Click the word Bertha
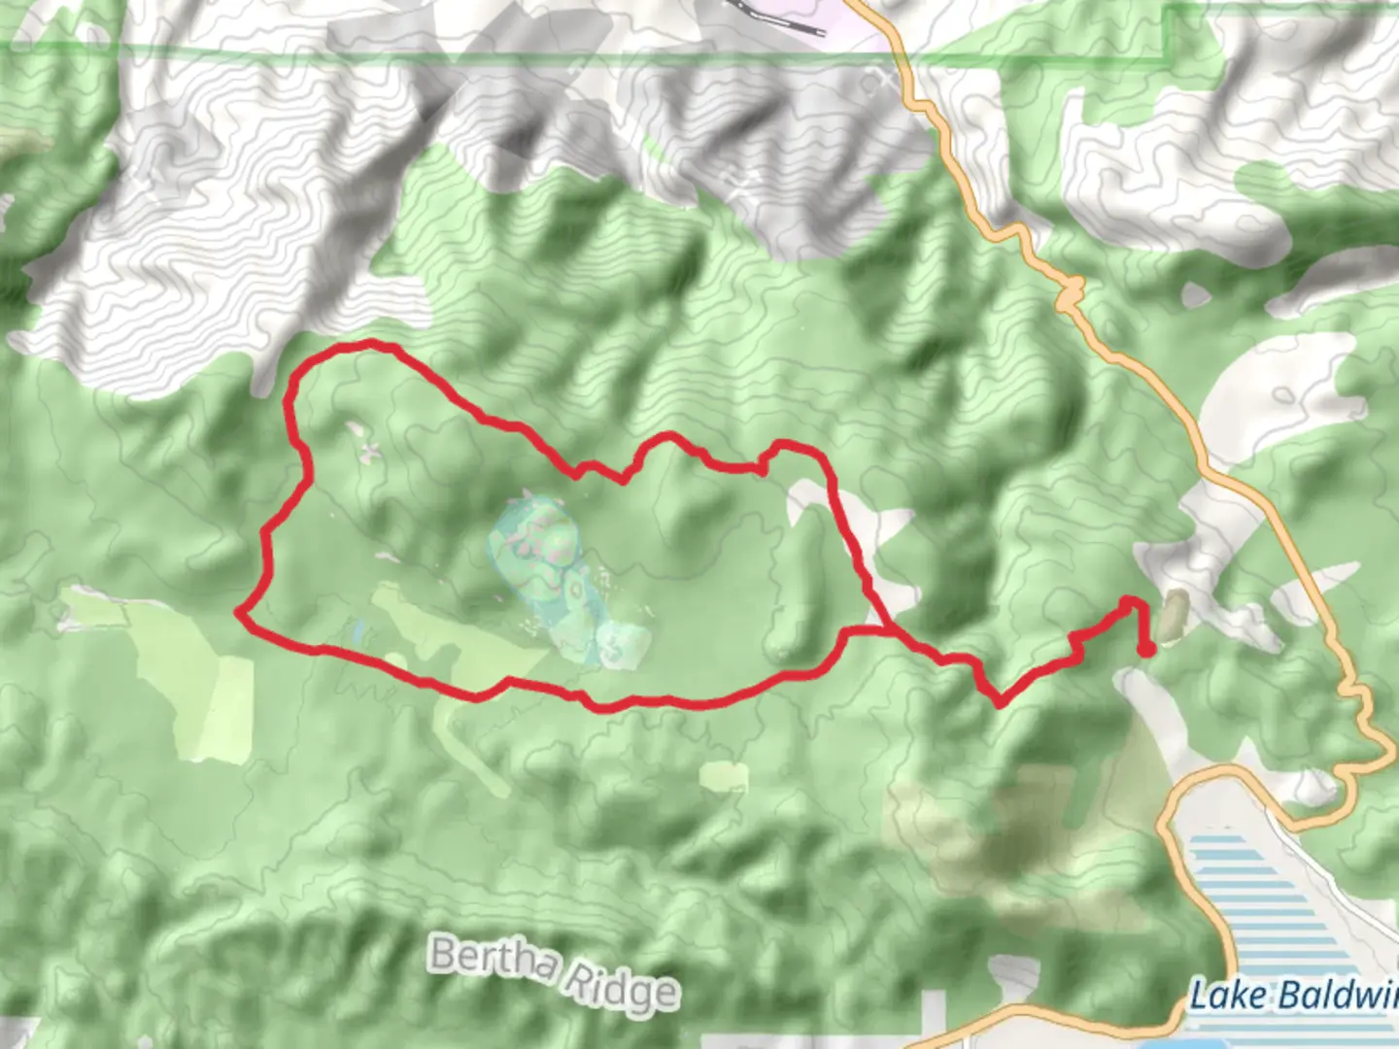tap(494, 960)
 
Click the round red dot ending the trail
tap(1145, 650)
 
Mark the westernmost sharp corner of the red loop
tap(239, 612)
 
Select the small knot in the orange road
tap(1073, 288)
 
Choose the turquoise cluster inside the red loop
tap(559, 583)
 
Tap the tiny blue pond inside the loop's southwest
tap(358, 634)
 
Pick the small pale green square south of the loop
tap(724, 775)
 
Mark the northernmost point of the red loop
tap(369, 343)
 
